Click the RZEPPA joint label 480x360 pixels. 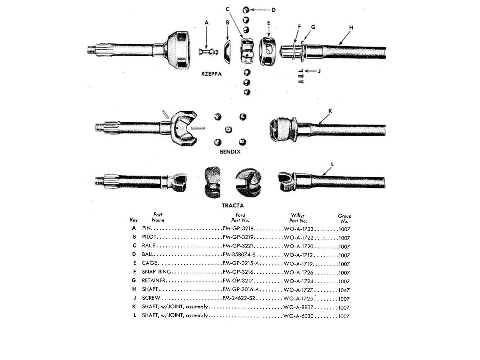click(211, 74)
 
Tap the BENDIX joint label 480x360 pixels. click(230, 152)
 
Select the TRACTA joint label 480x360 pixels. click(232, 205)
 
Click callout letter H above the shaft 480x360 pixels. click(351, 27)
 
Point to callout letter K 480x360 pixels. click(330, 111)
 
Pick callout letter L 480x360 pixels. click(332, 164)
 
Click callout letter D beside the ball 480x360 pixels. click(273, 10)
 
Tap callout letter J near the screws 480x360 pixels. click(319, 71)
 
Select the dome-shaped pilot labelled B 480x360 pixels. click(228, 52)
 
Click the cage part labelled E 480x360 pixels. click(268, 51)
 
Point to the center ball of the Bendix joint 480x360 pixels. click(228, 130)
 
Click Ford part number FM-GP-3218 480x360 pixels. click(238, 229)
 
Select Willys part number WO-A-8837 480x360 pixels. click(298, 307)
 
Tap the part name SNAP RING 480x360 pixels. click(156, 272)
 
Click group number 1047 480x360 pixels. click(344, 290)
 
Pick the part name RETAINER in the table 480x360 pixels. click(154, 280)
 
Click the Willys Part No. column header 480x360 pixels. click(298, 218)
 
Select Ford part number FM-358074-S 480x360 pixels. click(239, 255)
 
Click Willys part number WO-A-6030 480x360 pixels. click(298, 316)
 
